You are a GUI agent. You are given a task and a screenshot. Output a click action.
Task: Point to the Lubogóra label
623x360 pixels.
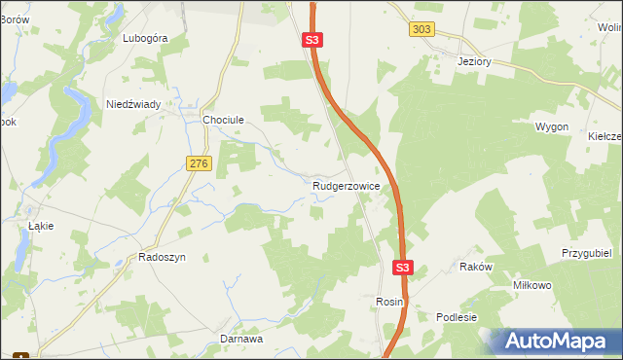click(145, 38)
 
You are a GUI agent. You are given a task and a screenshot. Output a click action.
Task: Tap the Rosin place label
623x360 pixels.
click(389, 303)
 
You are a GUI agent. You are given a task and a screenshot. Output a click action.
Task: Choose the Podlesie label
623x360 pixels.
click(457, 317)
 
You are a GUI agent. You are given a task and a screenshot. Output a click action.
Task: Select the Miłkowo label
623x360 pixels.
click(532, 285)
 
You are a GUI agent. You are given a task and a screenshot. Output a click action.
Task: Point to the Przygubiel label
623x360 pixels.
click(585, 252)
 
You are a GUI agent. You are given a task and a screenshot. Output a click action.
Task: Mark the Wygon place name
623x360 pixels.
click(551, 127)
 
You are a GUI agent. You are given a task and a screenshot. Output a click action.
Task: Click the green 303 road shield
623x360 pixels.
click(421, 29)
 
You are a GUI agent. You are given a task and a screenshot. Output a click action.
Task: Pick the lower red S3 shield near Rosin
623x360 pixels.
click(404, 266)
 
